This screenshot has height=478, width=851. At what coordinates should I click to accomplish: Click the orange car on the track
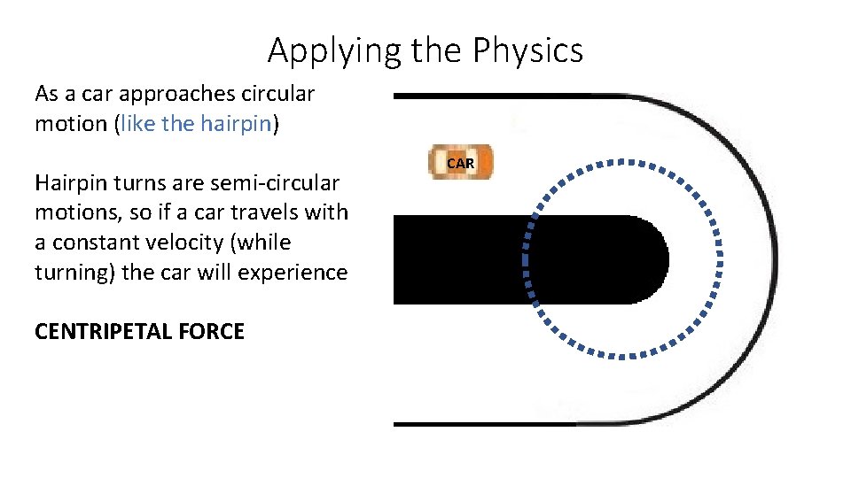(460, 163)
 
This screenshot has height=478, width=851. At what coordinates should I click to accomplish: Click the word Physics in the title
(527, 50)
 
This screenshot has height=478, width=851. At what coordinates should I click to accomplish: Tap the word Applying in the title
(324, 50)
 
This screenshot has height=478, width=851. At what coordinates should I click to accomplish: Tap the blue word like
(139, 124)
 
